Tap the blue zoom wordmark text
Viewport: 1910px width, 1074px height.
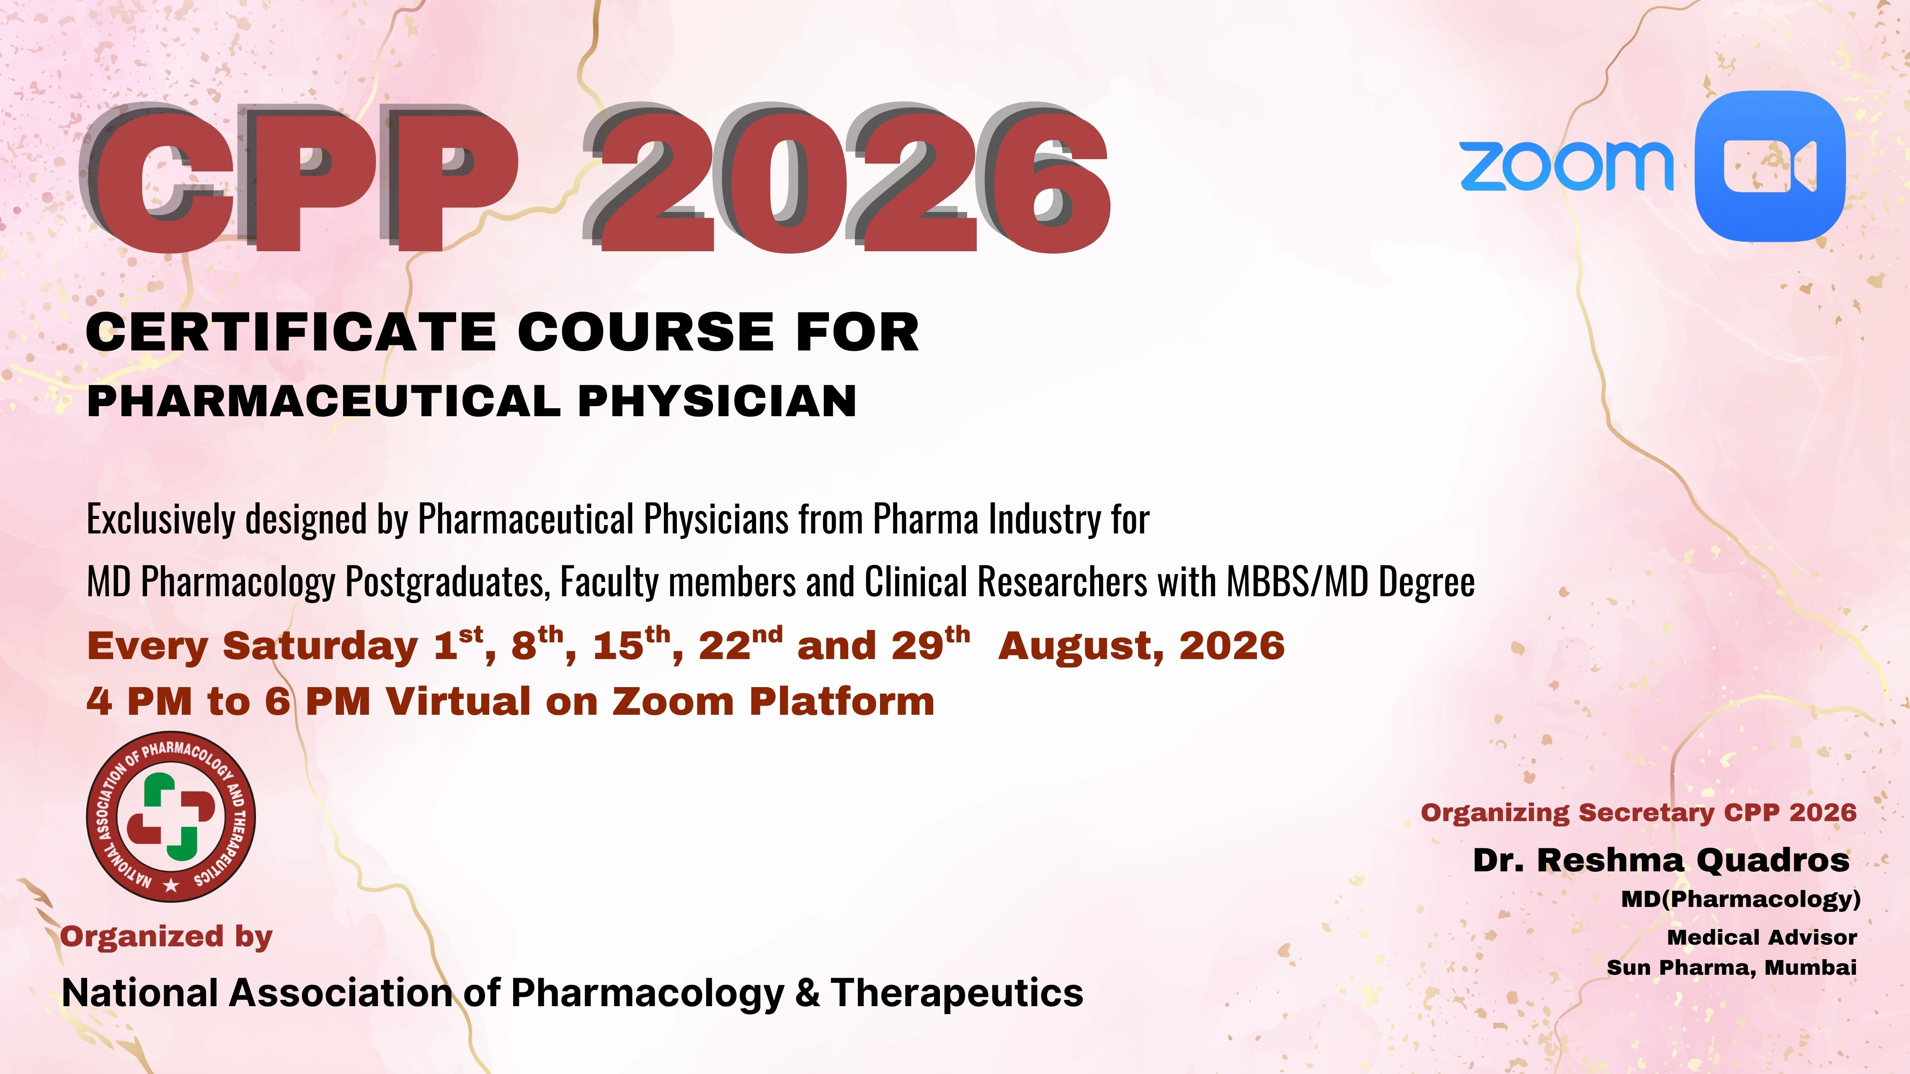(x=1567, y=166)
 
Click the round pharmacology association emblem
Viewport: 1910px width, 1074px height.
(x=171, y=816)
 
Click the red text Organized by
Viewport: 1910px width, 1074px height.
(x=167, y=937)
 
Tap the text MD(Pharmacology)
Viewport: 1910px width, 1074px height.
(x=1741, y=899)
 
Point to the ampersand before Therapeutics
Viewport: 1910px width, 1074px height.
(x=808, y=992)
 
